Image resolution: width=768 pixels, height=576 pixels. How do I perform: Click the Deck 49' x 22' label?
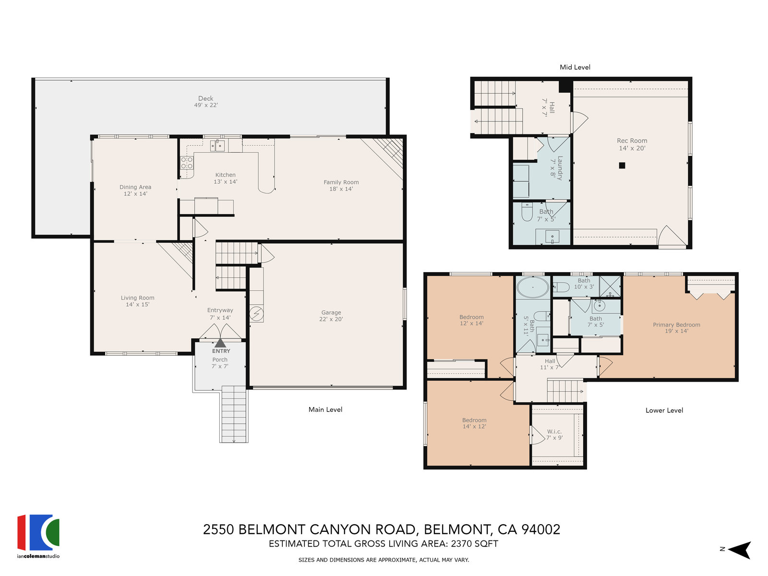pos(206,101)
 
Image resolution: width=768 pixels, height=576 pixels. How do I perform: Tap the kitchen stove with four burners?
pos(187,163)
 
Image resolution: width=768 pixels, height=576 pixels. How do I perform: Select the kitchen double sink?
pos(217,145)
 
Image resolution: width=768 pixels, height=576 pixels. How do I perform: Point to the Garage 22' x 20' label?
pos(331,315)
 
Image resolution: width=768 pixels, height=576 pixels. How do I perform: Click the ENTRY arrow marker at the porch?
pos(220,343)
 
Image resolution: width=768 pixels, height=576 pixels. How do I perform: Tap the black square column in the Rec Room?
pos(622,166)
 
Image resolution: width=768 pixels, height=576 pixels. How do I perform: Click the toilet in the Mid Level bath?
pos(527,212)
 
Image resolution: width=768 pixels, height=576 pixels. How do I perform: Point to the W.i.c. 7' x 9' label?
pos(554,434)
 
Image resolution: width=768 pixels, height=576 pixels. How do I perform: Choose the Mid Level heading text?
pos(575,67)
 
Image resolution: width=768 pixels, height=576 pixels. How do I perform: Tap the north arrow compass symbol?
pos(739,550)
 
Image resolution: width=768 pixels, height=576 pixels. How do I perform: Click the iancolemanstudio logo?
pos(38,536)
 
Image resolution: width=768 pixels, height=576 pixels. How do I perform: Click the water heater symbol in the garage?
pos(256,314)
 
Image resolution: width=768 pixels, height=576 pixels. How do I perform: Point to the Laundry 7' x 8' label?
pos(556,168)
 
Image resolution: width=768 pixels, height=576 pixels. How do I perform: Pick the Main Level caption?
pos(325,409)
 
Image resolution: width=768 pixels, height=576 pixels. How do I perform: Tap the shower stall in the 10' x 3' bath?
pos(610,287)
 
